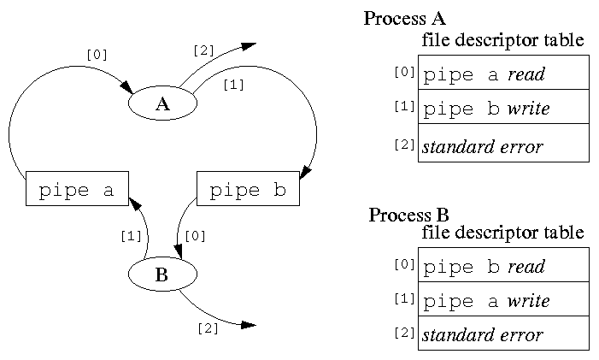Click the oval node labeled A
click(162, 104)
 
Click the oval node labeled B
click(162, 274)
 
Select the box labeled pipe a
click(77, 189)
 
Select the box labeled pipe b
click(248, 189)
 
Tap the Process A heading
click(405, 18)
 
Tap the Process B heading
click(409, 214)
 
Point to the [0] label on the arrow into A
click(97, 54)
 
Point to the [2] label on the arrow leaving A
click(203, 50)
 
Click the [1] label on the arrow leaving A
click(232, 85)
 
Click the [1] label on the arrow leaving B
click(130, 235)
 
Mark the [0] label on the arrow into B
click(195, 235)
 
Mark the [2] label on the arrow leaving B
click(208, 328)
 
